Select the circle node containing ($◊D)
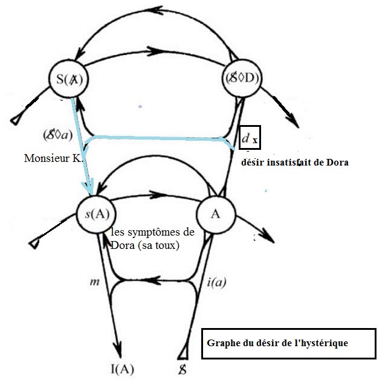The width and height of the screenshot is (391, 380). coord(242,80)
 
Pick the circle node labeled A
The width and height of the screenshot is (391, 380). coord(214,214)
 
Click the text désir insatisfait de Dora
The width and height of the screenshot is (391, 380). coord(294,162)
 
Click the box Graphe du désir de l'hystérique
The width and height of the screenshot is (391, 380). coord(288,343)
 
